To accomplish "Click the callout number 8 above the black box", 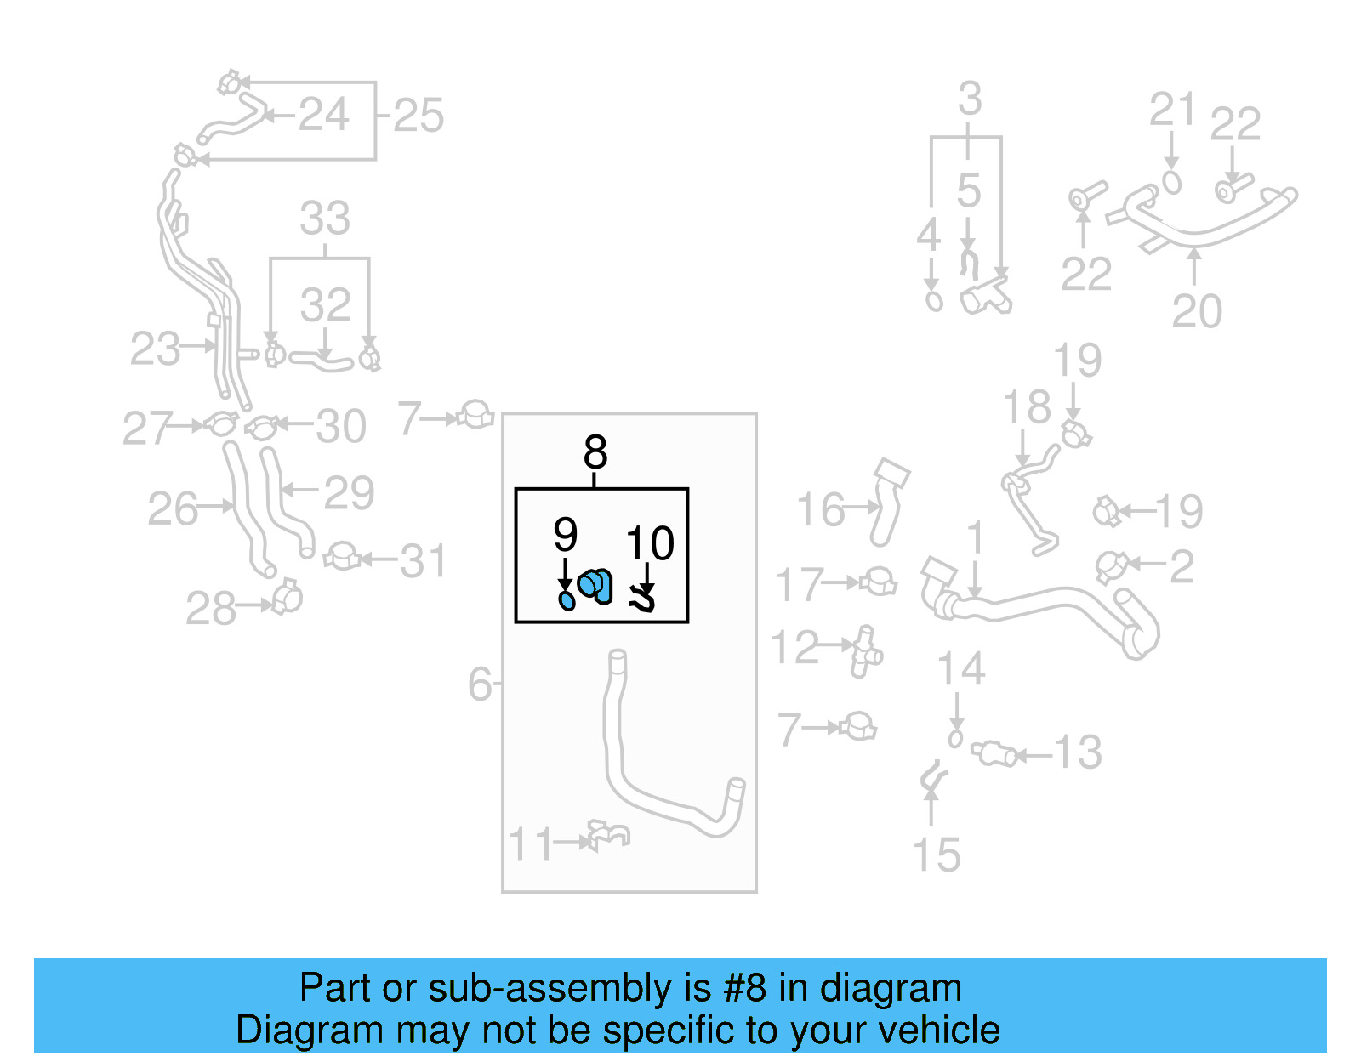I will tap(595, 452).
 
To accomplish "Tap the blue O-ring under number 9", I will tap(567, 601).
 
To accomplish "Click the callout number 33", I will tap(325, 219).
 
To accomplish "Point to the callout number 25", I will tap(419, 116).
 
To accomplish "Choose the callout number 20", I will tap(1197, 311).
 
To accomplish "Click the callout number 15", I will tap(936, 855).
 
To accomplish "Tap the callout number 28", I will tap(211, 609).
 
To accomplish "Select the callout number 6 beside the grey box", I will tap(480, 684).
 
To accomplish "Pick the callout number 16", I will tap(821, 510).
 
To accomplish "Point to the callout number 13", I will tap(1078, 752).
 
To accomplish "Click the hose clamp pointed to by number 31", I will tap(342, 557).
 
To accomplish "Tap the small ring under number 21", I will tap(1171, 183).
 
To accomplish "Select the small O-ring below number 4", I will tap(934, 301).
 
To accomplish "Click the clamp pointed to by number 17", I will tap(879, 582).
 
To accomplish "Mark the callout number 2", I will tap(1182, 567).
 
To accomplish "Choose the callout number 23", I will tap(155, 349).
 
